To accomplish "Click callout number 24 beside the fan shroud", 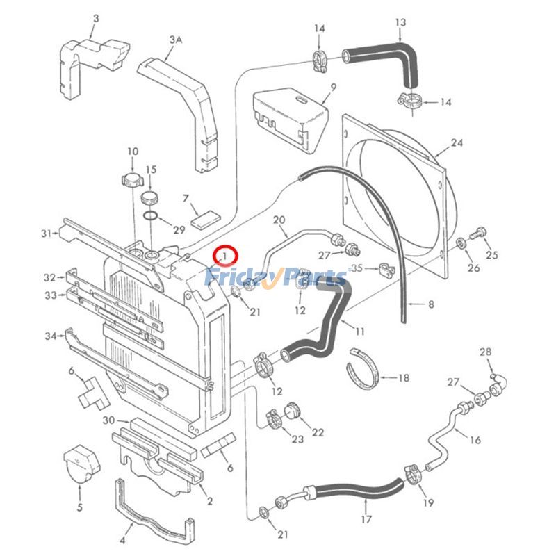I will click(x=456, y=144).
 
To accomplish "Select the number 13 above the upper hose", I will click(x=400, y=23).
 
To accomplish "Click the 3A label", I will click(x=175, y=41).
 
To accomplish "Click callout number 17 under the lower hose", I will click(x=367, y=518).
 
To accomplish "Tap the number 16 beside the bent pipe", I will click(x=475, y=439).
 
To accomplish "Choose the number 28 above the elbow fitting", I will click(x=485, y=352).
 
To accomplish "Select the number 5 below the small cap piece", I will click(x=79, y=507).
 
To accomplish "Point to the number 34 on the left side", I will click(x=50, y=336).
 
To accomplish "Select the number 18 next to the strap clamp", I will click(x=403, y=378).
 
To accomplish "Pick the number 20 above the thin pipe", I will click(x=279, y=220).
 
